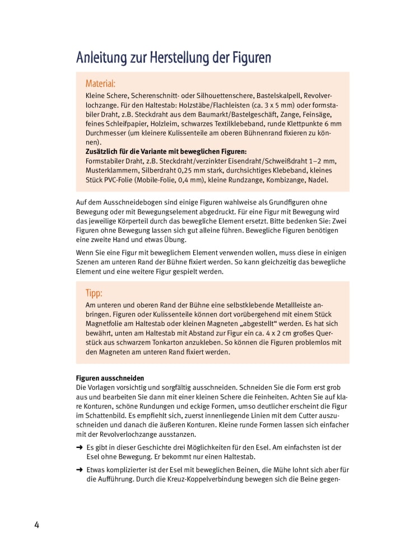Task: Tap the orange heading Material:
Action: [100, 83]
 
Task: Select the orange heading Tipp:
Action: [94, 293]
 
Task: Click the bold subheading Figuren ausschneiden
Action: [110, 378]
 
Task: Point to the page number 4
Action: [36, 525]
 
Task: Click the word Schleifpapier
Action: [118, 123]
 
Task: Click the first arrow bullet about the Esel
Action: [80, 447]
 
